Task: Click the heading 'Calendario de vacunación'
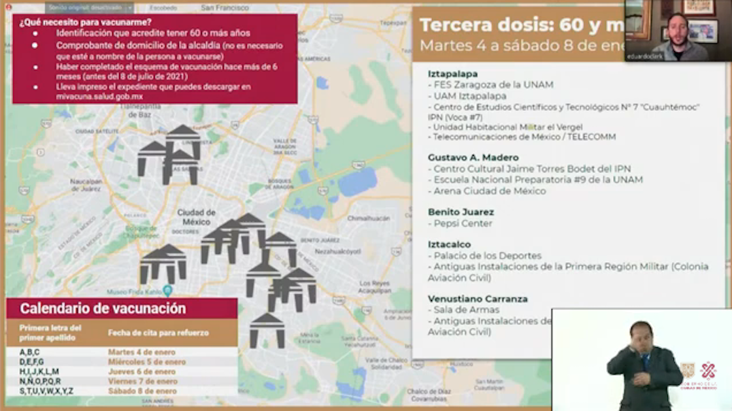click(x=103, y=308)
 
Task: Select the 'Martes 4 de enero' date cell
click(x=141, y=352)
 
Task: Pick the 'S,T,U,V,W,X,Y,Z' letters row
click(x=46, y=391)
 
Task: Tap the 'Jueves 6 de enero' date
click(x=141, y=371)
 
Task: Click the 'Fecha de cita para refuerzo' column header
click(x=158, y=333)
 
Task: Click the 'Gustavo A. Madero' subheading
click(x=473, y=157)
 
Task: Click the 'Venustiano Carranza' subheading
click(x=478, y=299)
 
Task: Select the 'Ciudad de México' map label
click(x=196, y=217)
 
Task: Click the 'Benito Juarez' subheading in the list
click(x=461, y=212)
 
